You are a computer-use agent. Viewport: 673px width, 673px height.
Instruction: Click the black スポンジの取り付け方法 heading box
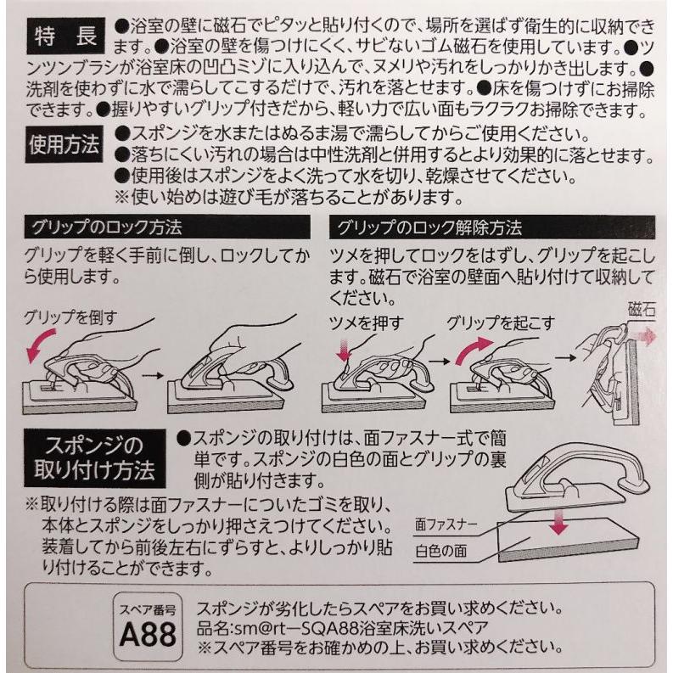[90, 457]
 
